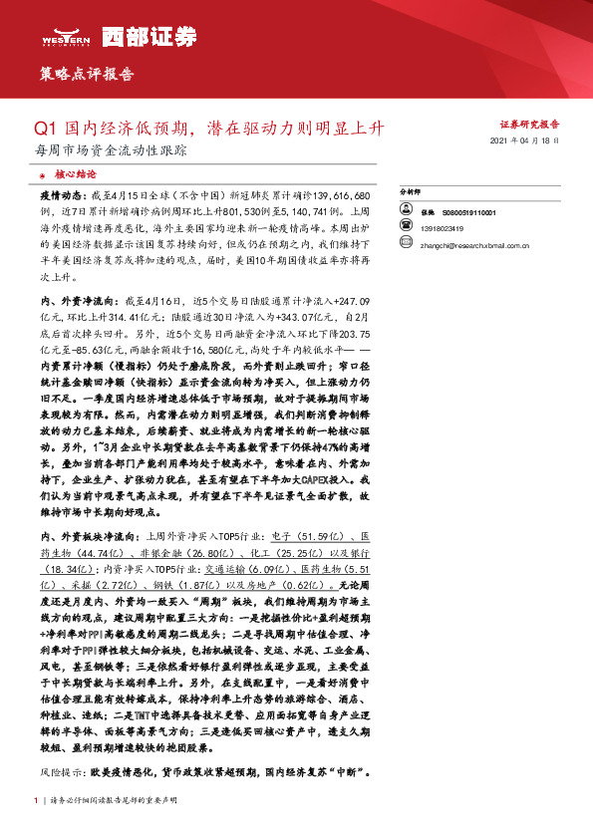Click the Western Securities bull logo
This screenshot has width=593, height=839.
(x=61, y=37)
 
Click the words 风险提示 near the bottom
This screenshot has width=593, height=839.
(x=60, y=772)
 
